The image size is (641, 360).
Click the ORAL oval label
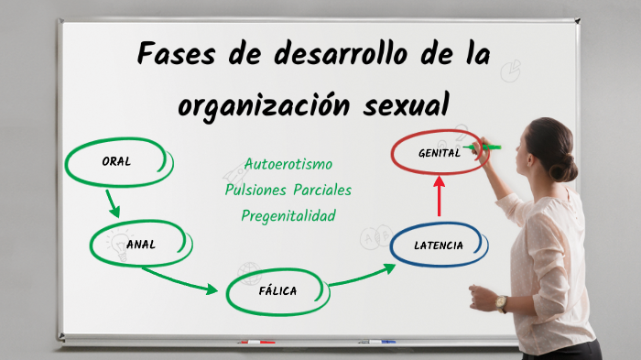pos(116,161)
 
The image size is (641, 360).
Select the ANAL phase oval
pos(141,244)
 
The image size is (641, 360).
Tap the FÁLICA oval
pos(276,291)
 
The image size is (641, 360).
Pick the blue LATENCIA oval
pos(439,245)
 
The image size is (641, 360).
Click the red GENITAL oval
pos(439,153)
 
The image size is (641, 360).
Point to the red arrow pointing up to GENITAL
pos(439,195)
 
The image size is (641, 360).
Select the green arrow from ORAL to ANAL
pos(112,202)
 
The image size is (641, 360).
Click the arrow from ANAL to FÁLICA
pos(179,280)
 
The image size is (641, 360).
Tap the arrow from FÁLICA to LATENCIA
pos(363,276)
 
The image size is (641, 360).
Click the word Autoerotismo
pos(288,164)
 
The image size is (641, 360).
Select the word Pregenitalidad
pos(288,215)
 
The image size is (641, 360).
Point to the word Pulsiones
pos(255,190)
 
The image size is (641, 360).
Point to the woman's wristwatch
pos(501,303)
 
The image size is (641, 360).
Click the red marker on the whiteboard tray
pos(255,342)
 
